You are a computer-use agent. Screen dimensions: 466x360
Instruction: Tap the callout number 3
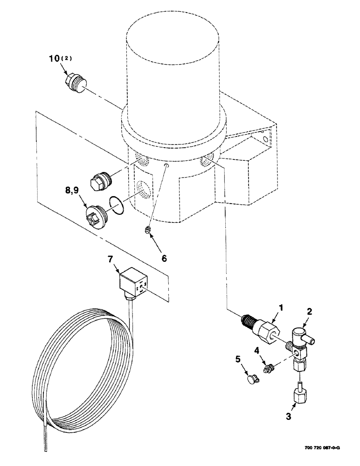point(289,417)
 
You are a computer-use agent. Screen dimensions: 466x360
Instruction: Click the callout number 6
point(163,257)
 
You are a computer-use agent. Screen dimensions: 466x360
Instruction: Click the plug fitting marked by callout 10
point(74,85)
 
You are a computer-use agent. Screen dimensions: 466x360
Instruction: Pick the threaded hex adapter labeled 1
point(263,329)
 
